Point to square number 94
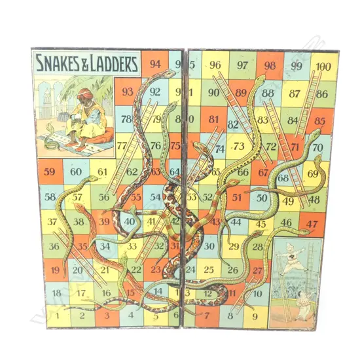point(155,65)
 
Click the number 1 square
point(57,315)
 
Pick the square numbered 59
point(49,173)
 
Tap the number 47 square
point(312,224)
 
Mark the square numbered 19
point(55,270)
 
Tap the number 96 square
point(215,65)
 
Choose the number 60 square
point(76,173)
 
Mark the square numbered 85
point(319,120)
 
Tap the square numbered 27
point(257,269)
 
